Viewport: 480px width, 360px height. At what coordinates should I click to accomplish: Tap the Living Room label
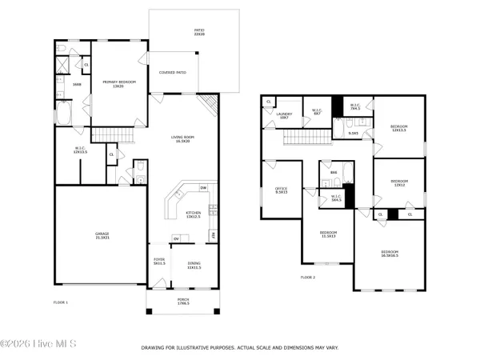coord(183,141)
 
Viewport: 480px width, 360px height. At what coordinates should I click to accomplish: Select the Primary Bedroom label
coord(118,84)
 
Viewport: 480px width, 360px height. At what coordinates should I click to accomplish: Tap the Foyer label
coord(158,262)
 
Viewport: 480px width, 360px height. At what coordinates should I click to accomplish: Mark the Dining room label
coord(194,266)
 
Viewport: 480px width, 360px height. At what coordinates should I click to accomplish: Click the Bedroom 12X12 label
coord(398,183)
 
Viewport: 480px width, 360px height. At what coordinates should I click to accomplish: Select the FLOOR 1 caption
coord(60,302)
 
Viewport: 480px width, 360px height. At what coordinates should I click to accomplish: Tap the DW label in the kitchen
coord(203,188)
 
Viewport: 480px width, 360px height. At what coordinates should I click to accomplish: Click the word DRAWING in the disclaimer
coord(154,348)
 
